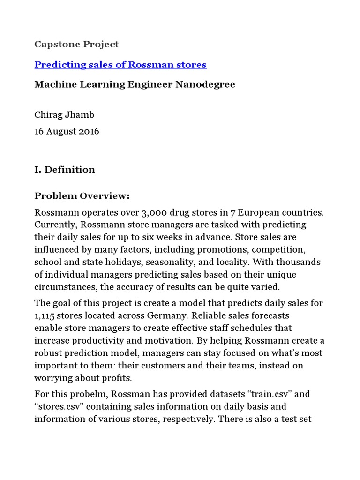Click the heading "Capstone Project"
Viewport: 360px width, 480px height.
[x=76, y=45]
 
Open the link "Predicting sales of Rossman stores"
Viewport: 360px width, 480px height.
[x=120, y=65]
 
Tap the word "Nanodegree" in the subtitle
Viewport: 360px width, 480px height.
[x=206, y=85]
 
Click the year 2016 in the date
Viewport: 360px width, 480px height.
[x=89, y=131]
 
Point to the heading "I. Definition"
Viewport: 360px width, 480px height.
[x=65, y=170]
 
